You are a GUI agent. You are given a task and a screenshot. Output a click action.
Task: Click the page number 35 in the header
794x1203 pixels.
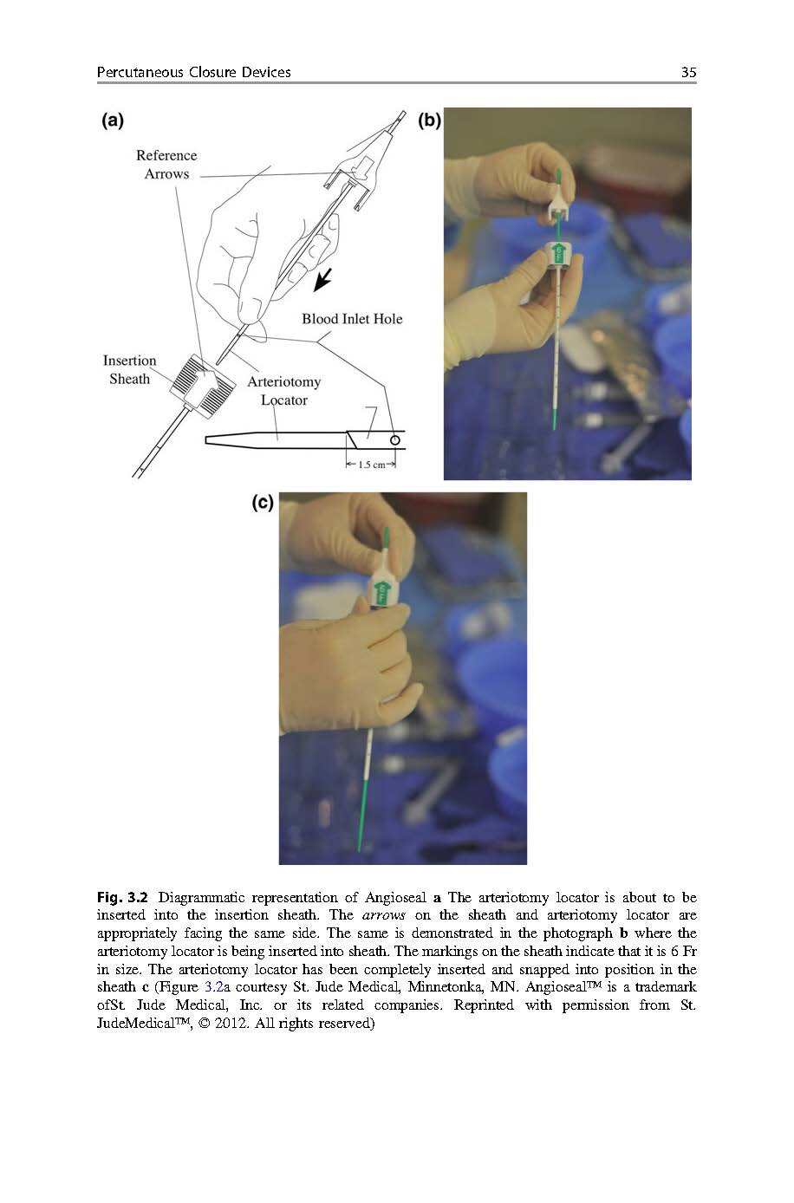click(x=688, y=73)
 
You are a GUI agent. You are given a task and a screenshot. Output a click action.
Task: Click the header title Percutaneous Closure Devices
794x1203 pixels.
click(x=193, y=73)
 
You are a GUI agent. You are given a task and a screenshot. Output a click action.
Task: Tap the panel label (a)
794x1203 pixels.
click(x=112, y=120)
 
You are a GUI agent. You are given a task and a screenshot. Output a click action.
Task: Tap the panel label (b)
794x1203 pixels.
click(x=429, y=120)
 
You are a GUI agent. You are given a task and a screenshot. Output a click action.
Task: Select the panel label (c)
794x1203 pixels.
click(x=263, y=503)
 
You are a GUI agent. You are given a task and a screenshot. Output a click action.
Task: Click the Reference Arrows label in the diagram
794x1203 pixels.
click(x=166, y=165)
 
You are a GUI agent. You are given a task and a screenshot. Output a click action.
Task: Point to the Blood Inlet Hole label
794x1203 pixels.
click(x=352, y=319)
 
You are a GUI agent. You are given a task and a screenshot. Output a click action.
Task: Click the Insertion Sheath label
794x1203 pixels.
click(x=129, y=370)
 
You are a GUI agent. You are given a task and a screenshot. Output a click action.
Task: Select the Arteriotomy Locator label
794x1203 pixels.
click(x=283, y=391)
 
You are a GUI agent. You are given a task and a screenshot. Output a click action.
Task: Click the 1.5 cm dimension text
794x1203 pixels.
click(x=372, y=465)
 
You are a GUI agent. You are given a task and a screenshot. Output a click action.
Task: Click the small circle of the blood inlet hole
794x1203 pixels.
click(x=395, y=440)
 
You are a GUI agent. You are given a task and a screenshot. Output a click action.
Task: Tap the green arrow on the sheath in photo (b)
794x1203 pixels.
click(x=559, y=253)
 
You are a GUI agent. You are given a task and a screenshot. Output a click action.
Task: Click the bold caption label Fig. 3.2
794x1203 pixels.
click(x=123, y=897)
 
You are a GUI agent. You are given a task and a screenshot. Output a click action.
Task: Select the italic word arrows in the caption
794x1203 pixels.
click(x=383, y=915)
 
